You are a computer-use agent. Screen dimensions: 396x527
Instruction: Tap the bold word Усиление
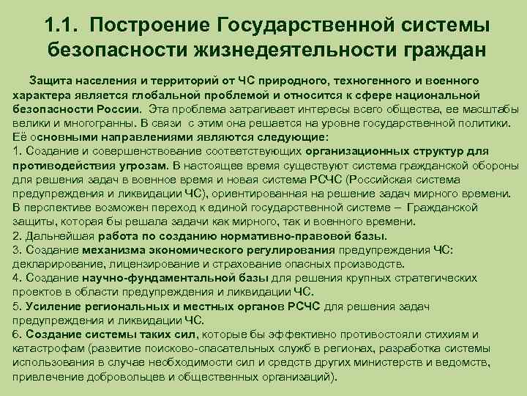pyautogui.click(x=51, y=307)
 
